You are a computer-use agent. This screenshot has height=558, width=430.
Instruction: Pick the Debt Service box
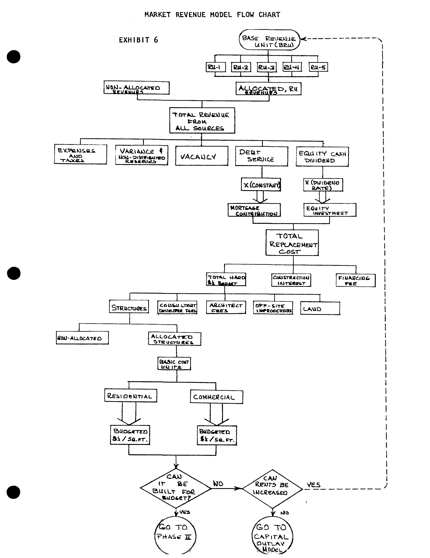pyautogui.click(x=261, y=156)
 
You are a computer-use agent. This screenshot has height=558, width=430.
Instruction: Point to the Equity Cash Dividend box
pyautogui.click(x=322, y=157)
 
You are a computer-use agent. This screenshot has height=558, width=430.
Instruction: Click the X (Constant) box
pyautogui.click(x=261, y=184)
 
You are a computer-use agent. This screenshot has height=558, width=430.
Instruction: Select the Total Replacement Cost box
pyautogui.click(x=292, y=243)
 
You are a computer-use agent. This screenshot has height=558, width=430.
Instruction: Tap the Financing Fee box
pyautogui.click(x=355, y=280)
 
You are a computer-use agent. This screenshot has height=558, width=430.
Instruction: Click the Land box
pyautogui.click(x=320, y=308)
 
